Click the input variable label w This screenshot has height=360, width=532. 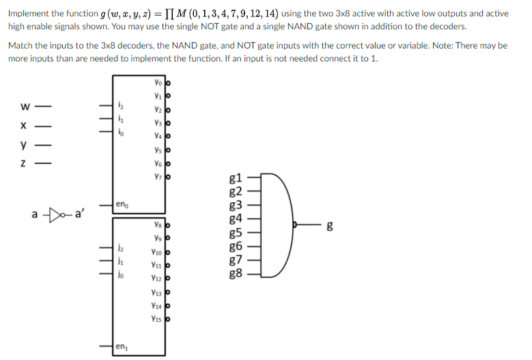click(25, 106)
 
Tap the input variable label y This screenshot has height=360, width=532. click(25, 145)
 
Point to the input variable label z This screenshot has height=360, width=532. click(25, 165)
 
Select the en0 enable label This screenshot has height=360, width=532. click(122, 204)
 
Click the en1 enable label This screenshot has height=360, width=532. click(122, 348)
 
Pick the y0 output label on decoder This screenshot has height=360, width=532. click(158, 83)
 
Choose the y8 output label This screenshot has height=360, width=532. click(158, 225)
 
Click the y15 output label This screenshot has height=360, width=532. click(157, 318)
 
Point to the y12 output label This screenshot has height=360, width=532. click(157, 278)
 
